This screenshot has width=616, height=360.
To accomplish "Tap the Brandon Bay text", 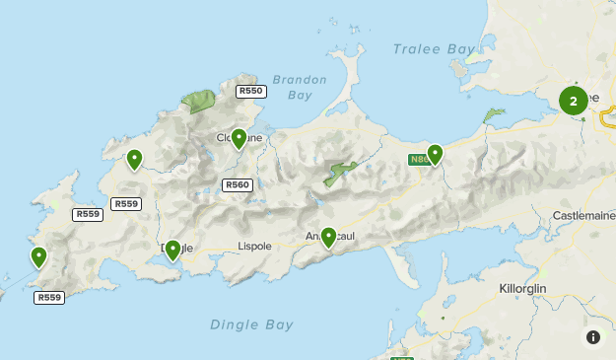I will coord(292,88).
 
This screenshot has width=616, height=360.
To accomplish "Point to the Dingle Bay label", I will coord(251,324).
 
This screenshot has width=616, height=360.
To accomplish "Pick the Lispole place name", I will coord(253,245).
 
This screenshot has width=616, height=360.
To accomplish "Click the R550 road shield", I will coord(251,91).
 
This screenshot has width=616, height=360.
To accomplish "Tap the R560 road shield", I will coord(238,184).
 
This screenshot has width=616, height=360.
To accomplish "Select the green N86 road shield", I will coord(419,158).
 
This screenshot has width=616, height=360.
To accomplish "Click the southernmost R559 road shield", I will coord(48,297).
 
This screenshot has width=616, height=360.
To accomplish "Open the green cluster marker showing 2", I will coord(574,101).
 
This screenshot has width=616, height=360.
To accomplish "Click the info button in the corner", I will coord(593,337).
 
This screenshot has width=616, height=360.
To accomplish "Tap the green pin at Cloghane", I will coord(239,138).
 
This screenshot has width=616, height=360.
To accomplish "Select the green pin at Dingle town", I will coord(172,250).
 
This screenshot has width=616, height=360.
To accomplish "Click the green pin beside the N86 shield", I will coord(435,154).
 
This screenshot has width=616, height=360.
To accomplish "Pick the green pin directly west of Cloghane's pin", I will coord(134,158).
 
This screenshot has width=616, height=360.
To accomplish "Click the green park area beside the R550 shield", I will coord(200,100).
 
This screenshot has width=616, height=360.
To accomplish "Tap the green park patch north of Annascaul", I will coord(341,173).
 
